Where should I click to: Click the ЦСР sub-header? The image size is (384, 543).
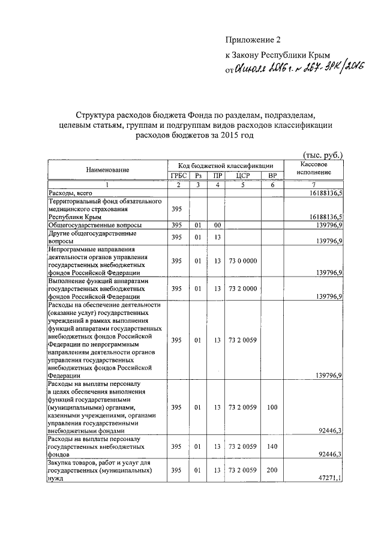click(x=242, y=176)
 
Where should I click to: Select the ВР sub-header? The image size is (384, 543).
click(x=272, y=176)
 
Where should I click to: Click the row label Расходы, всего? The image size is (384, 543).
click(x=71, y=193)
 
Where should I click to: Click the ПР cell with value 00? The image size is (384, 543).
click(x=217, y=225)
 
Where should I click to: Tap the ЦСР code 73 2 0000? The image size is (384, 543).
click(x=242, y=289)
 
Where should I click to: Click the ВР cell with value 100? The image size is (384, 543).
click(x=272, y=407)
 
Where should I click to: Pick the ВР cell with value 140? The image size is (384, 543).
click(x=272, y=446)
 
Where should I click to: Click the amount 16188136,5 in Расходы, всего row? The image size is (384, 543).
click(x=325, y=193)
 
